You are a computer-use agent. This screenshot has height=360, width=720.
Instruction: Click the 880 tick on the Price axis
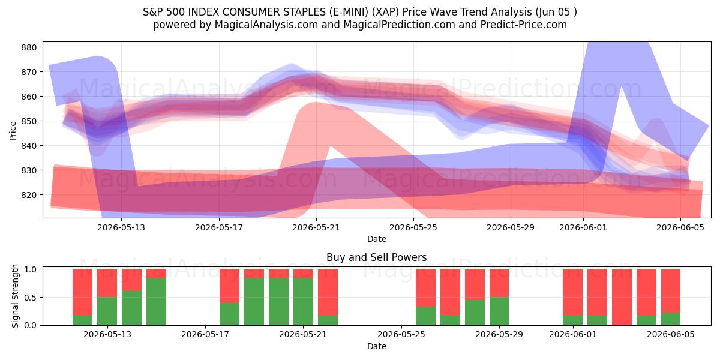click(x=29, y=47)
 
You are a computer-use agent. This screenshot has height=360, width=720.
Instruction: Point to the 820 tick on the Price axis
click(x=29, y=195)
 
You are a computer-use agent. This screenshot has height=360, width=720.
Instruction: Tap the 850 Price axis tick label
click(x=29, y=121)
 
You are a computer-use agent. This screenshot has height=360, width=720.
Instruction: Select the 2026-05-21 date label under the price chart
click(x=316, y=227)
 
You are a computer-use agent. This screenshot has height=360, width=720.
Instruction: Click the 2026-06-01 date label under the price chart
click(x=583, y=227)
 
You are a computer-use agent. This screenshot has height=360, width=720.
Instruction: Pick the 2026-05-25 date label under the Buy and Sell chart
click(x=401, y=335)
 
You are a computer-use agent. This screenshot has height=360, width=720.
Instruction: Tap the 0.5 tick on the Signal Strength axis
click(x=30, y=298)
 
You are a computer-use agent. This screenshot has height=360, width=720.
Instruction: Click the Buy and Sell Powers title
click(x=376, y=257)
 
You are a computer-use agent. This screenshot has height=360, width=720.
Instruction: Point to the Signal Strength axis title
click(x=15, y=296)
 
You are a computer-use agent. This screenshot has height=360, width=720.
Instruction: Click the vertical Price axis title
click(x=13, y=131)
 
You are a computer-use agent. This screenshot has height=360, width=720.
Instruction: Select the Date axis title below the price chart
click(x=377, y=239)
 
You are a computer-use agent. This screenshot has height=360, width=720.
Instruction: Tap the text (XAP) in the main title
click(x=385, y=12)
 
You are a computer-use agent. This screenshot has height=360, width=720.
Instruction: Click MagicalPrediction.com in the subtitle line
click(x=399, y=25)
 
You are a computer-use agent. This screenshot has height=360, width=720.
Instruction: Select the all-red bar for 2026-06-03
click(x=622, y=297)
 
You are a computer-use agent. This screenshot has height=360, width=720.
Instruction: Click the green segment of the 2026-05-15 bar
click(x=156, y=302)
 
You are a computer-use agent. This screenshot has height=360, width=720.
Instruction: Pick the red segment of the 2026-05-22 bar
click(x=328, y=292)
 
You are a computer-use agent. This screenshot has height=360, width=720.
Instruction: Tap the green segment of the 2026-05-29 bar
click(x=499, y=311)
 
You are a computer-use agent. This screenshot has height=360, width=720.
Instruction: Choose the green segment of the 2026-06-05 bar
click(x=671, y=319)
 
